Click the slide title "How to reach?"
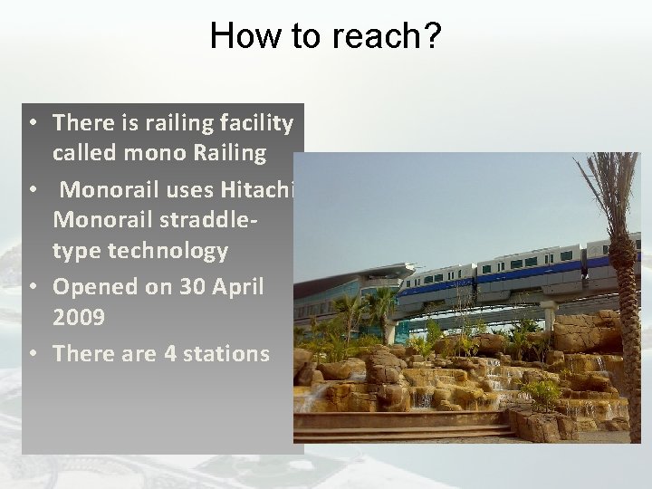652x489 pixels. click(325, 35)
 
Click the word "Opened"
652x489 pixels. click(92, 287)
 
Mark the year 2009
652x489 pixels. click(80, 319)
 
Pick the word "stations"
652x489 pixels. click(227, 353)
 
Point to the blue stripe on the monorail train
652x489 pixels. click(507, 272)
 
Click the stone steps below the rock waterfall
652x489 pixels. click(407, 426)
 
